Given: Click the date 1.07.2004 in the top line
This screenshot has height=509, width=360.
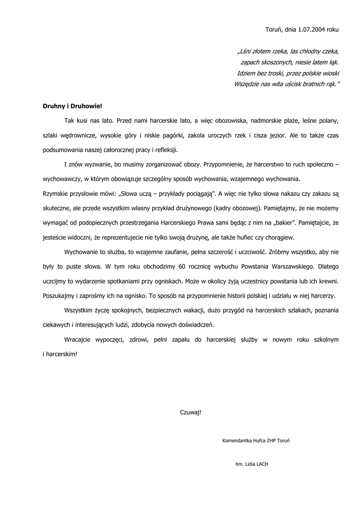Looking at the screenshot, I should (x=312, y=29).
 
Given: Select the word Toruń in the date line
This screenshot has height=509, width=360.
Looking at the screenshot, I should (x=274, y=29).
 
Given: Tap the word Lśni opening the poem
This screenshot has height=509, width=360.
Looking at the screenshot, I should (x=245, y=51).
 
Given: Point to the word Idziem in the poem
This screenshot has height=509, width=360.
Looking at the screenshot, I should (x=247, y=73).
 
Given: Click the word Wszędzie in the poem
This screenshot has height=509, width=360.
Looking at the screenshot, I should (x=247, y=84).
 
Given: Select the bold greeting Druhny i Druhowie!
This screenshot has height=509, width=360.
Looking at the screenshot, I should (x=72, y=106).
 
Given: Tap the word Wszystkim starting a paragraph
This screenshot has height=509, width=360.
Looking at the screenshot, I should (x=81, y=311).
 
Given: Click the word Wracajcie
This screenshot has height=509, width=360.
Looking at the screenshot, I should (x=80, y=339).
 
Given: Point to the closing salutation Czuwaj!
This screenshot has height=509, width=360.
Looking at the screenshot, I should (x=191, y=412).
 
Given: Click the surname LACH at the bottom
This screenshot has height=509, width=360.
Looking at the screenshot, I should (x=263, y=464).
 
